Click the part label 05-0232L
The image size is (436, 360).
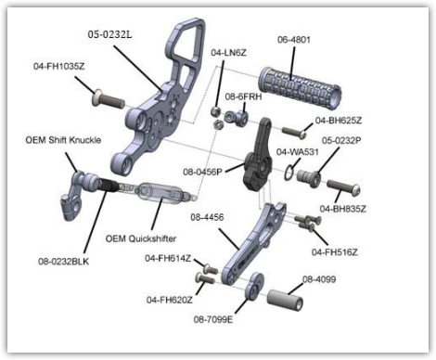[x=109, y=34]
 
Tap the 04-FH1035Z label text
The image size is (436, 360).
[x=59, y=66]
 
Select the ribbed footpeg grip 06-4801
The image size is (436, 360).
[x=301, y=88]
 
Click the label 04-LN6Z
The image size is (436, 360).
[x=229, y=53]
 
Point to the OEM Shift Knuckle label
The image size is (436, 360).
[x=63, y=140]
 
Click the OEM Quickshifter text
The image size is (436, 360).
[x=141, y=238]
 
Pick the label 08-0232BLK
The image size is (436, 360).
[x=63, y=262]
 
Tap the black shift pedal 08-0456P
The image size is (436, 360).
[x=259, y=155]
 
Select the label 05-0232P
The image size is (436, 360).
[x=341, y=140]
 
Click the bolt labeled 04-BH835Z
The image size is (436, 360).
[x=344, y=187]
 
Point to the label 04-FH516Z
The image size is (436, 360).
[x=335, y=252]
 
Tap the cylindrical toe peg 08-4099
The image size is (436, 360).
[x=285, y=300]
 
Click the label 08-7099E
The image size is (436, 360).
[x=213, y=319]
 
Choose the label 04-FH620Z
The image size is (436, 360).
[x=170, y=300]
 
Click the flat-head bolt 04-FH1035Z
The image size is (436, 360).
[x=109, y=98]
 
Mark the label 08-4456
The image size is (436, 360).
[x=207, y=217]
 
